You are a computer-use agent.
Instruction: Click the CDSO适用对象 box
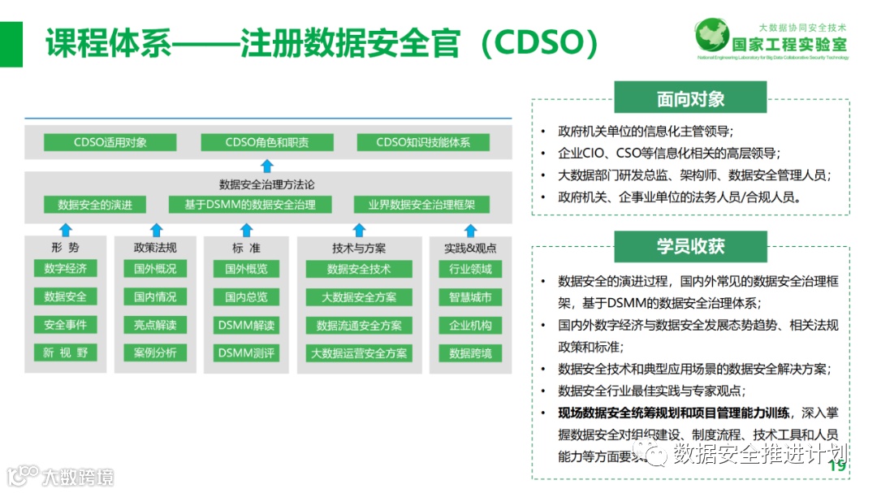pos(110,143)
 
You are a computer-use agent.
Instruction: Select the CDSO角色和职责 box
pos(267,143)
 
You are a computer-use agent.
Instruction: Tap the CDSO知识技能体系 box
pos(423,143)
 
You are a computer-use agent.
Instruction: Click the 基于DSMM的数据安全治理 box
pos(250,205)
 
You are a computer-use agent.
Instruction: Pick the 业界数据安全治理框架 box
pos(422,205)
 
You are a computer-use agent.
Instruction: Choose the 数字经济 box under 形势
pos(65,268)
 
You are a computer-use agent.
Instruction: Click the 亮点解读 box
pos(155,325)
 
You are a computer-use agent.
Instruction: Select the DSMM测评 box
pos(246,353)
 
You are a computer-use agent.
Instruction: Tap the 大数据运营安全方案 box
pos(359,353)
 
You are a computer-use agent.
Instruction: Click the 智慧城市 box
pos(470,296)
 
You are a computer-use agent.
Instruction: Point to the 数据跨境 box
pos(470,353)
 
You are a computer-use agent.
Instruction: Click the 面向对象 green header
pos(691,100)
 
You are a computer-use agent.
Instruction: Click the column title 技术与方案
pos(359,248)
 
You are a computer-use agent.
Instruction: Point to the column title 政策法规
pos(155,248)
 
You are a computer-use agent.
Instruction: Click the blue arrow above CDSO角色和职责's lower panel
pos(267,166)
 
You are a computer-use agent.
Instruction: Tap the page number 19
pos(836,466)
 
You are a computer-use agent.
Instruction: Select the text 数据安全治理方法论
pos(267,184)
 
